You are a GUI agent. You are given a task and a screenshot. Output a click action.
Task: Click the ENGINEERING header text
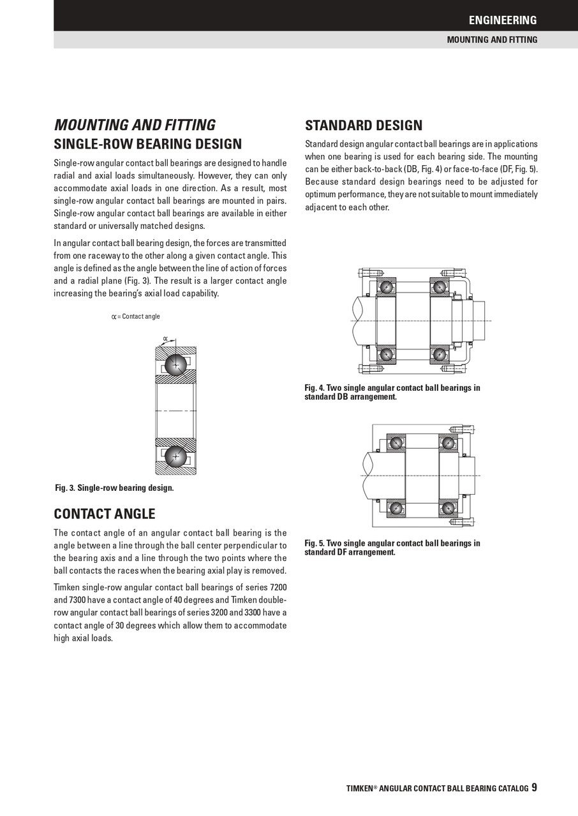[502, 20]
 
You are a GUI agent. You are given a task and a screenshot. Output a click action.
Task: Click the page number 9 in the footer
[534, 787]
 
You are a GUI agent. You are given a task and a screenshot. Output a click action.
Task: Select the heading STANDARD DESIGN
[364, 125]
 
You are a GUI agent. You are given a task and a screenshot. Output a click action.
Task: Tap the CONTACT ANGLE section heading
[105, 514]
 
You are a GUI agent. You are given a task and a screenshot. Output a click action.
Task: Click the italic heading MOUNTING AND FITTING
[135, 125]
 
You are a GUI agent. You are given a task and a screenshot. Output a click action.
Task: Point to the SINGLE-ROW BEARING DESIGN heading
[147, 144]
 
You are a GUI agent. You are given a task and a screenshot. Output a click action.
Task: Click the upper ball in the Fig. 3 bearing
[175, 364]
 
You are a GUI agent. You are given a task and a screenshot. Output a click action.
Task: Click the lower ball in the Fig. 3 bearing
[175, 456]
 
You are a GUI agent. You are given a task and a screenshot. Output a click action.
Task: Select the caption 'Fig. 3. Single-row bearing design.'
[114, 488]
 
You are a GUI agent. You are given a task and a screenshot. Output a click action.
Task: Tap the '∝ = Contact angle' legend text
[136, 317]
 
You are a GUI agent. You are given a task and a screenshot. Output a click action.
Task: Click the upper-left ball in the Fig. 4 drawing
[386, 287]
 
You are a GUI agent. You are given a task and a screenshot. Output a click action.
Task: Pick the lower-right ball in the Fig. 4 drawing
[440, 353]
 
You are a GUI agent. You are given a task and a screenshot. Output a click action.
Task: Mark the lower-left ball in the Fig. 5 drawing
[396, 508]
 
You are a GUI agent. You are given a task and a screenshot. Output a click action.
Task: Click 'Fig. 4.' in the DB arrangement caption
[315, 388]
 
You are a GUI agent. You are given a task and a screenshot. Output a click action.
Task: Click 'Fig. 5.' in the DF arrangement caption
[315, 543]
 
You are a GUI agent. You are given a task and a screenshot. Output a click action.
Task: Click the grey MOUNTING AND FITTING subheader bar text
[492, 40]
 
